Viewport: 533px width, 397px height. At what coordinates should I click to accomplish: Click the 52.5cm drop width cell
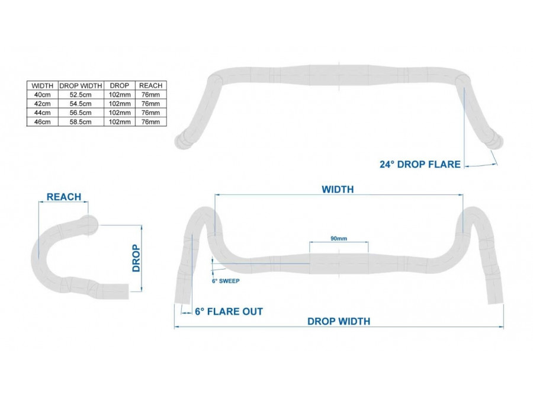(81, 95)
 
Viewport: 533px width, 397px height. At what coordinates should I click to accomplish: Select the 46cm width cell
(43, 122)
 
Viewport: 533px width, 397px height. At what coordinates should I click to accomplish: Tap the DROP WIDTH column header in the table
(81, 86)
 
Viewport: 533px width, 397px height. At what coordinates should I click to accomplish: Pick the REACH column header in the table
(150, 86)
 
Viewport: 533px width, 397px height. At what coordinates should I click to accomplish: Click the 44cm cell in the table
(43, 113)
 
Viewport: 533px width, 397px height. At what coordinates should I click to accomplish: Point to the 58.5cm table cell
(81, 122)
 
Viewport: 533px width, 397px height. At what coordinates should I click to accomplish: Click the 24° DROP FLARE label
(420, 164)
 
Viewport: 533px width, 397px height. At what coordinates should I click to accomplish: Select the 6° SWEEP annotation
(226, 281)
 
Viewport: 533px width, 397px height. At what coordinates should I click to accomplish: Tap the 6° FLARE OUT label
(229, 312)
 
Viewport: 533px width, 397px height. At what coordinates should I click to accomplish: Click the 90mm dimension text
(339, 238)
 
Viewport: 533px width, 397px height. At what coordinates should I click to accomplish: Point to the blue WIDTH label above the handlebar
(338, 190)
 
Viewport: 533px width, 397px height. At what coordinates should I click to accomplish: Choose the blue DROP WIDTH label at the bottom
(339, 322)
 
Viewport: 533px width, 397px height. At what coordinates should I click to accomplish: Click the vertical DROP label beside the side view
(136, 258)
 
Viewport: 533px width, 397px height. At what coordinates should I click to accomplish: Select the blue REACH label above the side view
(64, 197)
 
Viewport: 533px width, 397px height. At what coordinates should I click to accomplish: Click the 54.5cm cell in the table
(81, 104)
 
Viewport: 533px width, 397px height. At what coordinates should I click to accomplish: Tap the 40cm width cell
(43, 95)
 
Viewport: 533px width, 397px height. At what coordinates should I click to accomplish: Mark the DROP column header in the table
(119, 86)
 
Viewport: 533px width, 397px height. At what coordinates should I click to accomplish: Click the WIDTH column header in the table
(43, 86)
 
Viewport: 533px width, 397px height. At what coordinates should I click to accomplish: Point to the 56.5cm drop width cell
(81, 113)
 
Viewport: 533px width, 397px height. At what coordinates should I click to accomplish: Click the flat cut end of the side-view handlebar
(129, 292)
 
